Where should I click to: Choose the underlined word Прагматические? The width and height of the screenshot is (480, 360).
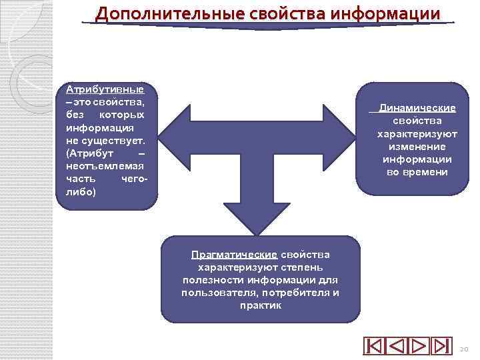[x=234, y=255]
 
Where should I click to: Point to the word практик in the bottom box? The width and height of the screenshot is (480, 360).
[x=260, y=305]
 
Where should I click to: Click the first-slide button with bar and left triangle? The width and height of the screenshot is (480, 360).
[x=374, y=347]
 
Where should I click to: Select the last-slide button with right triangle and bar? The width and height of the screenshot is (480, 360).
[x=441, y=347]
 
